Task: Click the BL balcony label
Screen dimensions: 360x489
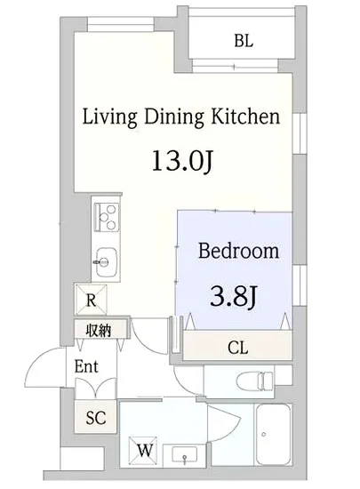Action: tap(244, 41)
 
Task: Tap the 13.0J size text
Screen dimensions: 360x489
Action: tap(182, 161)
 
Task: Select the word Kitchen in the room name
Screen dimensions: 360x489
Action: tap(245, 116)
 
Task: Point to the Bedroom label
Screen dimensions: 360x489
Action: tap(238, 251)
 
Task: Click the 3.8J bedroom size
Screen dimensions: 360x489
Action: tap(233, 297)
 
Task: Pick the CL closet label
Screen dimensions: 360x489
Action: tap(238, 348)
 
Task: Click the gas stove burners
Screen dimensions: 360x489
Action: tap(107, 217)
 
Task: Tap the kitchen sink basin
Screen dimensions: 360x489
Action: tap(106, 262)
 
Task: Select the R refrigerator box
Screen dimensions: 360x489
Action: tap(91, 300)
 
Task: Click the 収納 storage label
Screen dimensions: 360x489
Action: tap(99, 330)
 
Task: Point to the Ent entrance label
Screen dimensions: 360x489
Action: tap(86, 366)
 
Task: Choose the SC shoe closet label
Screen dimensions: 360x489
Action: tap(96, 417)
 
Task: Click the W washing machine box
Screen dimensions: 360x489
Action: tap(143, 451)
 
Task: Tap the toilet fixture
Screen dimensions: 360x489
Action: tap(254, 381)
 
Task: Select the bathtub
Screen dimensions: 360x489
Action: tap(273, 435)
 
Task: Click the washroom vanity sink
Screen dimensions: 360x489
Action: tap(185, 455)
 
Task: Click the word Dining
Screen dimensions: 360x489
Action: tap(174, 117)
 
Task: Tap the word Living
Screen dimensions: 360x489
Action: tap(109, 117)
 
